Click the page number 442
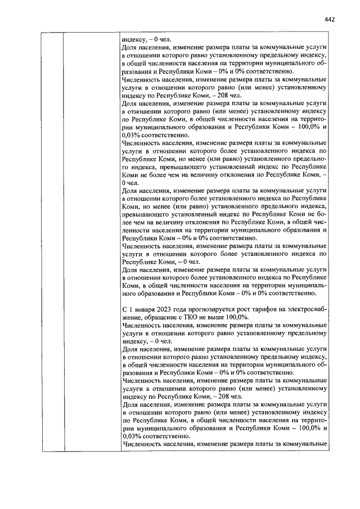pos(330,19)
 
